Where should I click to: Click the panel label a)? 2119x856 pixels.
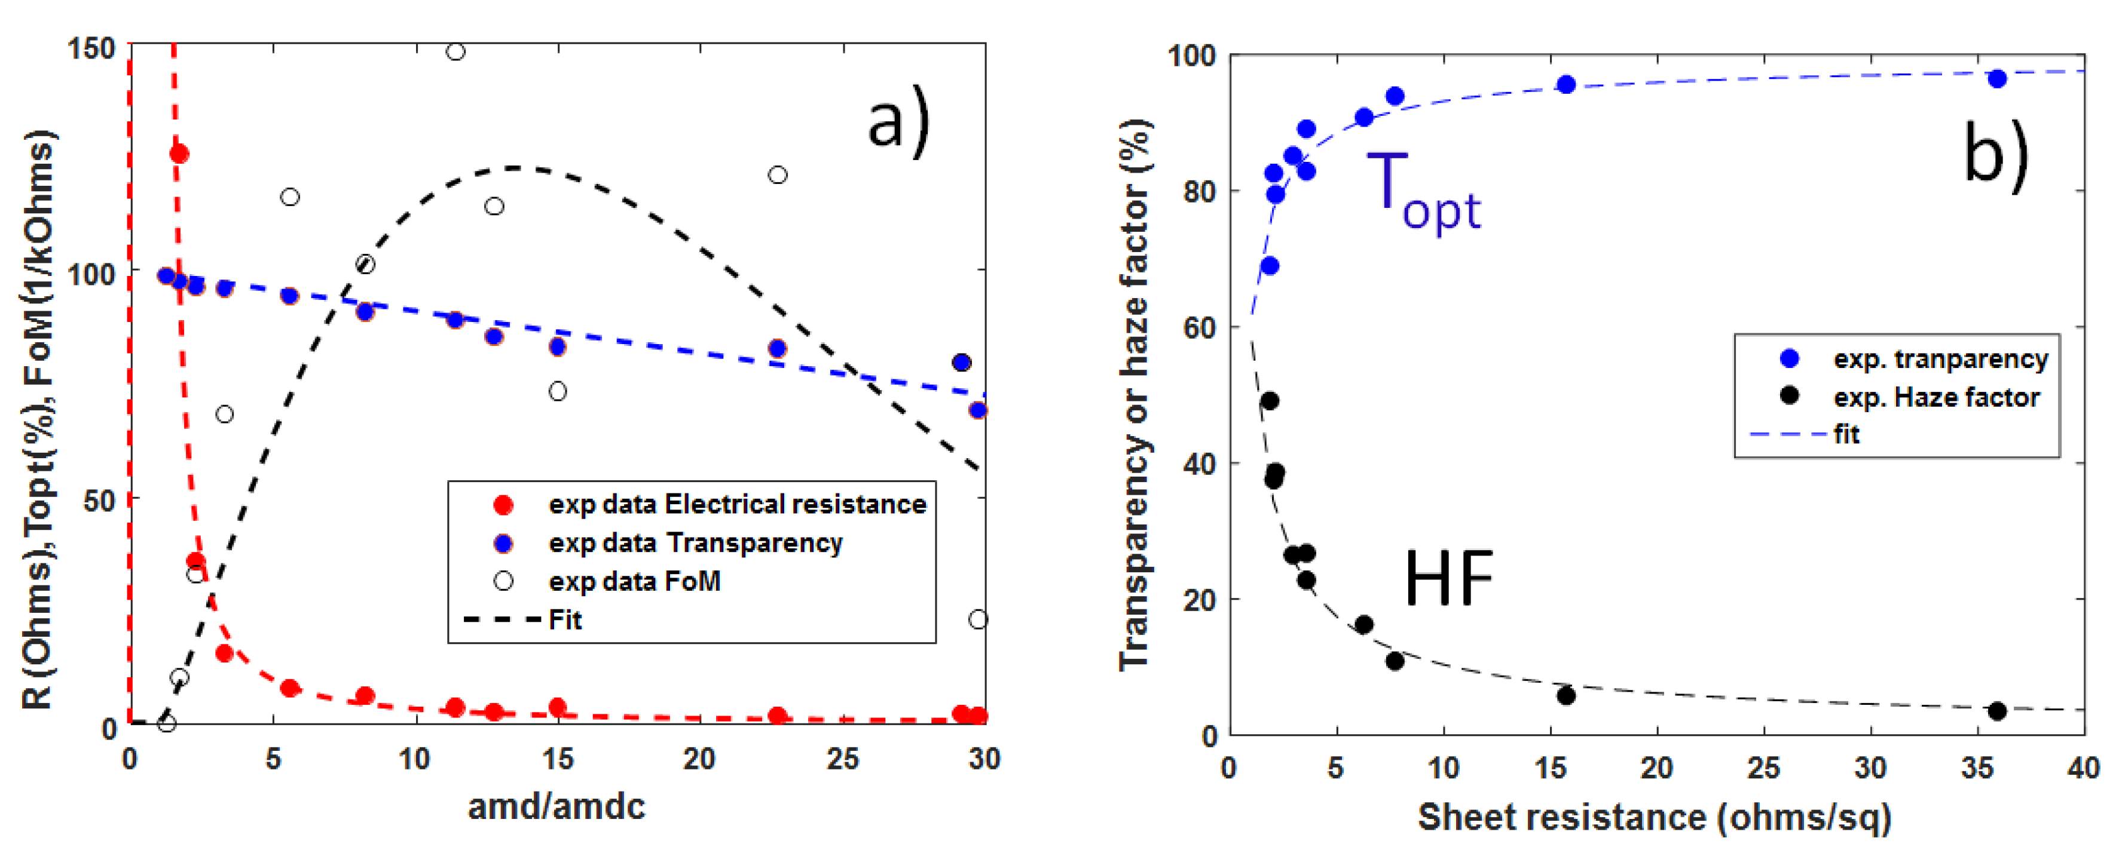tap(899, 120)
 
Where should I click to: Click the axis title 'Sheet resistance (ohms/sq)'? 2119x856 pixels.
tap(1654, 817)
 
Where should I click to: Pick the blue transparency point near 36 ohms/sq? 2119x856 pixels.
tap(1997, 79)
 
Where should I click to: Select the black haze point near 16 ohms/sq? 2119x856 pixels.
tap(1566, 696)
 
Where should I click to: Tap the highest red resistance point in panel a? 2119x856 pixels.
tap(179, 154)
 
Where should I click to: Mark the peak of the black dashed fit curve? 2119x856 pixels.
tap(514, 168)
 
